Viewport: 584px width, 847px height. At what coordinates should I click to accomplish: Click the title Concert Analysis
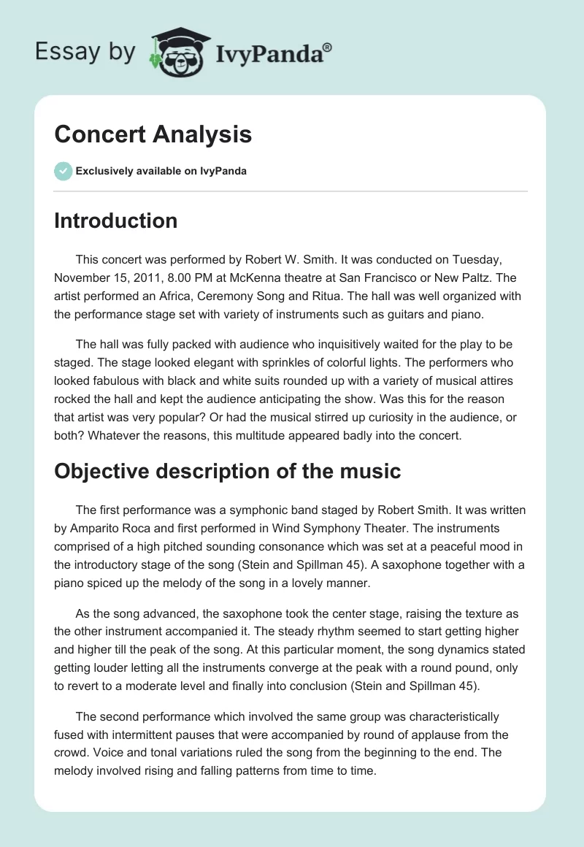point(153,134)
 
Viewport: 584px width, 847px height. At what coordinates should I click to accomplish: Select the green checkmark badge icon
point(63,171)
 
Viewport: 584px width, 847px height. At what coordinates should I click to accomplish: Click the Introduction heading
point(115,221)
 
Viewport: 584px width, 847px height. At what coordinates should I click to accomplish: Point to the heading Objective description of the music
point(227,471)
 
